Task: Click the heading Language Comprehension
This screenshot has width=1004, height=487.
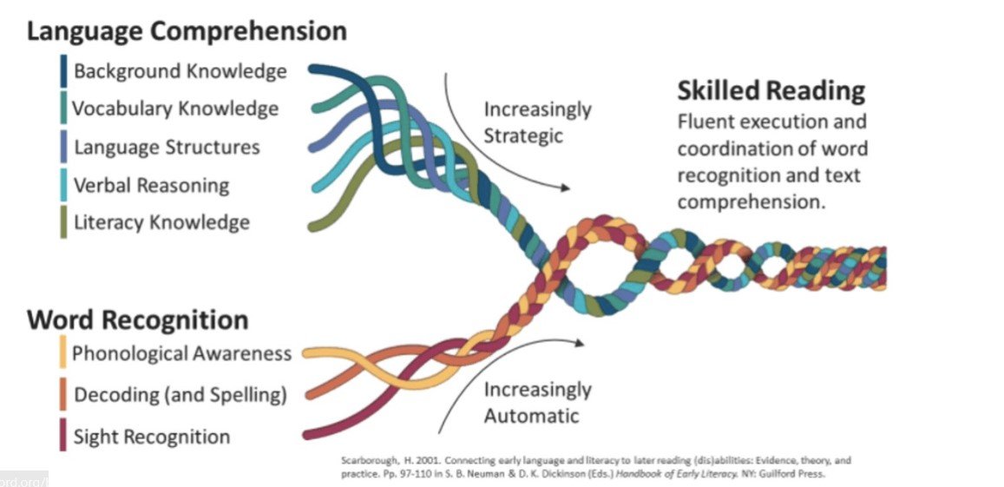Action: (187, 32)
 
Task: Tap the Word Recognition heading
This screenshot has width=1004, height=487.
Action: (138, 319)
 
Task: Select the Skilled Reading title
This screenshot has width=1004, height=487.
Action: (771, 90)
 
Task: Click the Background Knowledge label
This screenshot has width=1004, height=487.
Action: (180, 71)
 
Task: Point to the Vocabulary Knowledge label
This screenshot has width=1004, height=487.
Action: (175, 109)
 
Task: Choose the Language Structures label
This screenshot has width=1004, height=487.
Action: (167, 147)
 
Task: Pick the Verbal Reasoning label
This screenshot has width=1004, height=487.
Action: (151, 185)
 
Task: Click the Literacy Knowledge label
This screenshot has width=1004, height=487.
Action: (161, 222)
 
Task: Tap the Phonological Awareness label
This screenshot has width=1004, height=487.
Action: (181, 353)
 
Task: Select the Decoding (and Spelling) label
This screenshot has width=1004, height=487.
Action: (180, 395)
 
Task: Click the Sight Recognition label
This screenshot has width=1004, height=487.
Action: (152, 436)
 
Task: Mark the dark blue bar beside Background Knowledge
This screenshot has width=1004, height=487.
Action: (63, 71)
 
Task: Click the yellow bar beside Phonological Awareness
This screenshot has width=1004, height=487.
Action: (63, 353)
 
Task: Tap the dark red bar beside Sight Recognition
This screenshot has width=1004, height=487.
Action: (63, 436)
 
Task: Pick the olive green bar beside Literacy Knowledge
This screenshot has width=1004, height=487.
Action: (63, 222)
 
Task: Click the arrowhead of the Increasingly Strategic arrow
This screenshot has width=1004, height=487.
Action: (567, 187)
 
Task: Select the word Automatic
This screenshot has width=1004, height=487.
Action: (531, 415)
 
